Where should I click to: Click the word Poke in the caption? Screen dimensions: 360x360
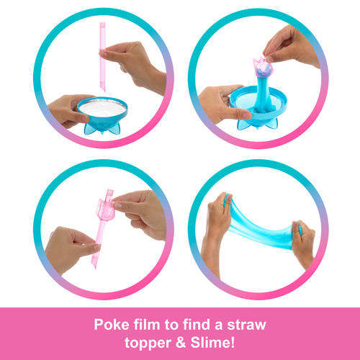click(112, 325)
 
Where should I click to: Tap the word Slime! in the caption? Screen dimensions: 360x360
click(212, 343)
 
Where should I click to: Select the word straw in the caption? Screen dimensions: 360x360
click(246, 325)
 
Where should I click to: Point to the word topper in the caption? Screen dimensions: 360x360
click(148, 343)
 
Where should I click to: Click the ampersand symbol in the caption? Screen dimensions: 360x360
click(181, 343)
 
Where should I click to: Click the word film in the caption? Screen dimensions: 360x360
click(147, 325)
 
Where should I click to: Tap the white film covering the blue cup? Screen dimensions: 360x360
click(103, 108)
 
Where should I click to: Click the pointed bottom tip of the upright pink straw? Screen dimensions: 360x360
click(104, 91)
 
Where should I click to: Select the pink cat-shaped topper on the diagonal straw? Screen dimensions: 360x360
click(106, 210)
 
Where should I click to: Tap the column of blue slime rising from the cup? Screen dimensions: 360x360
click(263, 94)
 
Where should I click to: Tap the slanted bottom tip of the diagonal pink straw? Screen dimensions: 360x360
click(94, 266)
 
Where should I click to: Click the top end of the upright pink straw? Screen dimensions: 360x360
click(102, 23)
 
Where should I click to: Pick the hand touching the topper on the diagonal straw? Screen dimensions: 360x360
click(140, 214)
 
